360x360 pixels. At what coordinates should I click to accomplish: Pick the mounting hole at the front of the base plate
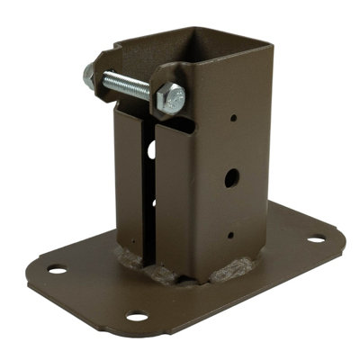[x=137, y=316]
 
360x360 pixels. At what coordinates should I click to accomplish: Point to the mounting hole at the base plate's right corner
[x=315, y=239]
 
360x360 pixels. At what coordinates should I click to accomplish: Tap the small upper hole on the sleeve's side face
[x=234, y=117]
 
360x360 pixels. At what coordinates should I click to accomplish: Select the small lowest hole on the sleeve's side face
[x=230, y=236]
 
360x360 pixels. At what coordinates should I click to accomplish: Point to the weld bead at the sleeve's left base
[x=135, y=260]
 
